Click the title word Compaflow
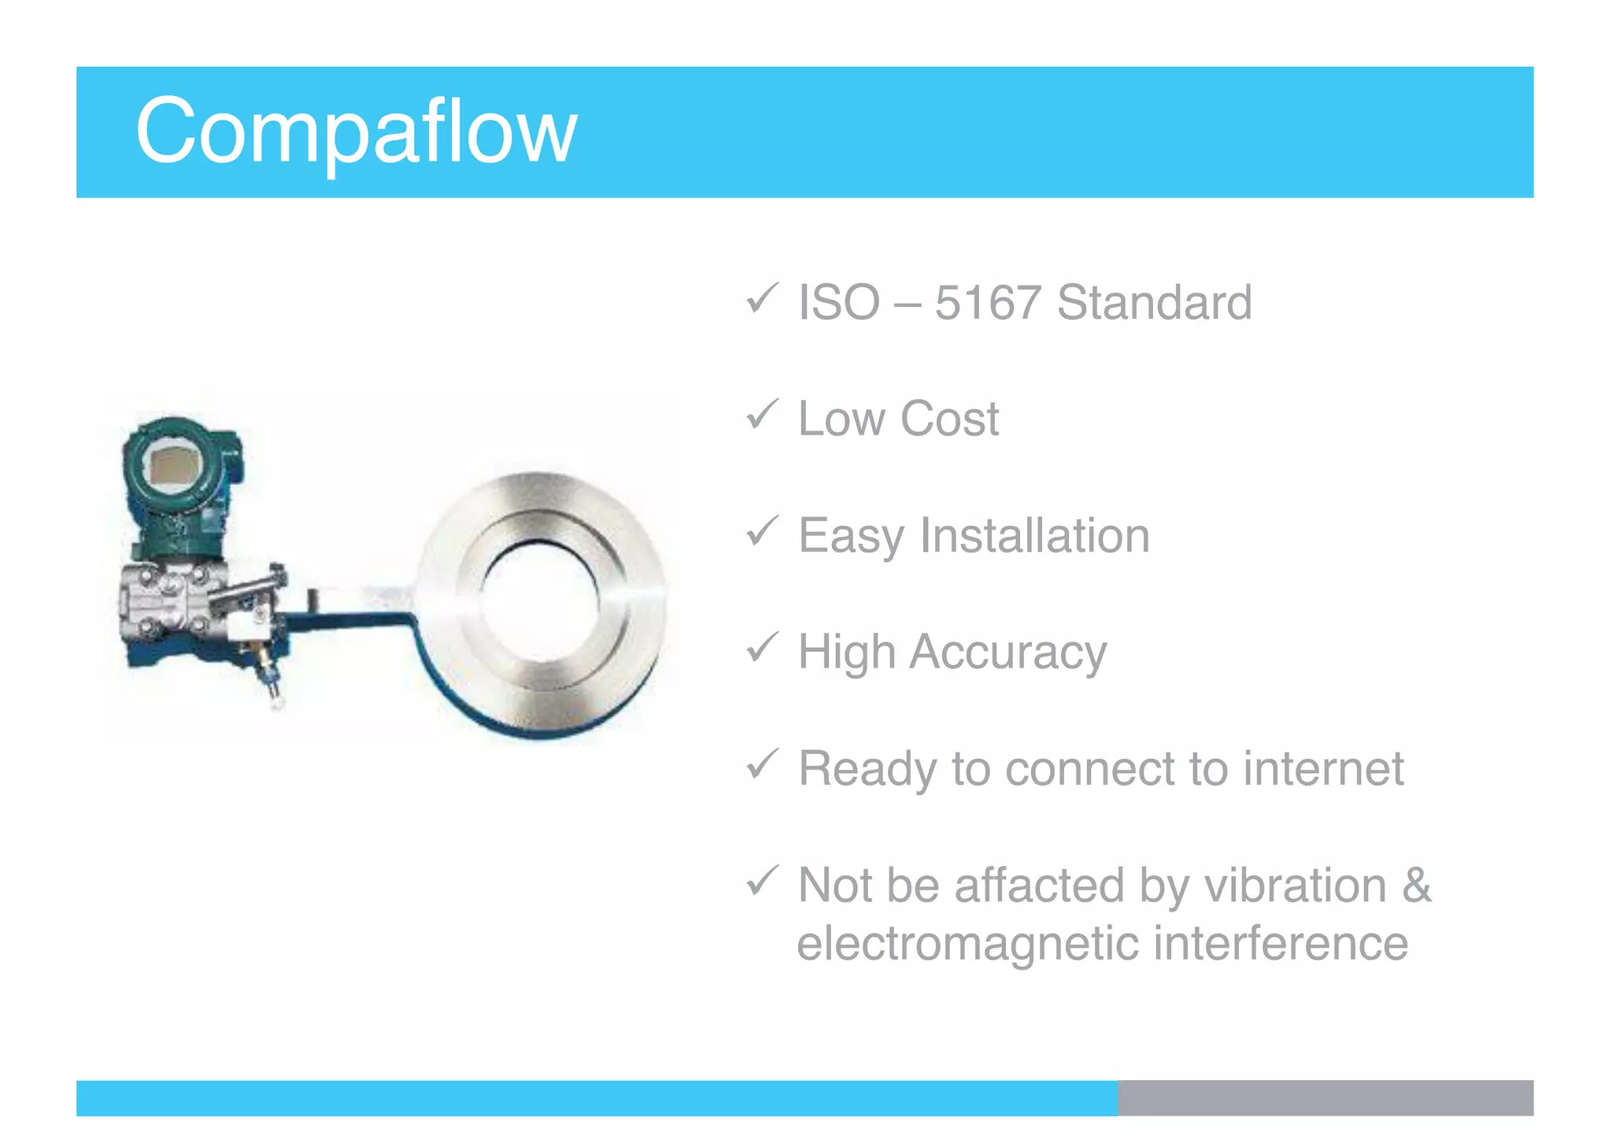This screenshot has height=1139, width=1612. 356,131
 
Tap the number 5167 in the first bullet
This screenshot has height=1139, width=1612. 987,302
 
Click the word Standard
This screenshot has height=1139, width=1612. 1154,302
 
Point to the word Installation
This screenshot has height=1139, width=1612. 1034,535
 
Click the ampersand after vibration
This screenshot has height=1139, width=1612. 1416,885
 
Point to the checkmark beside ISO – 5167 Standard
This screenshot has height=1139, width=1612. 761,298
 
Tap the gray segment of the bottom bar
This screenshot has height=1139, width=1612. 1325,1097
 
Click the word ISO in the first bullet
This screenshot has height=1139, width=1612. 838,302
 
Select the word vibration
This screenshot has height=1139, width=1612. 1295,885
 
